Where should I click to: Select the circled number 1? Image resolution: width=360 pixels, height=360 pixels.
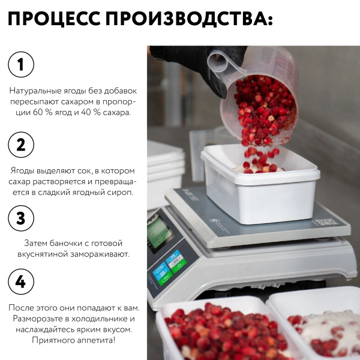[20, 64]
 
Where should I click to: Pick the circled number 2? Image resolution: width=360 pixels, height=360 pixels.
[20, 144]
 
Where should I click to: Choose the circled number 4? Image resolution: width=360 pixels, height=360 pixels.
[20, 281]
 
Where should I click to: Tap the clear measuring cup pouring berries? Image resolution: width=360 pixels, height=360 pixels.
[264, 96]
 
